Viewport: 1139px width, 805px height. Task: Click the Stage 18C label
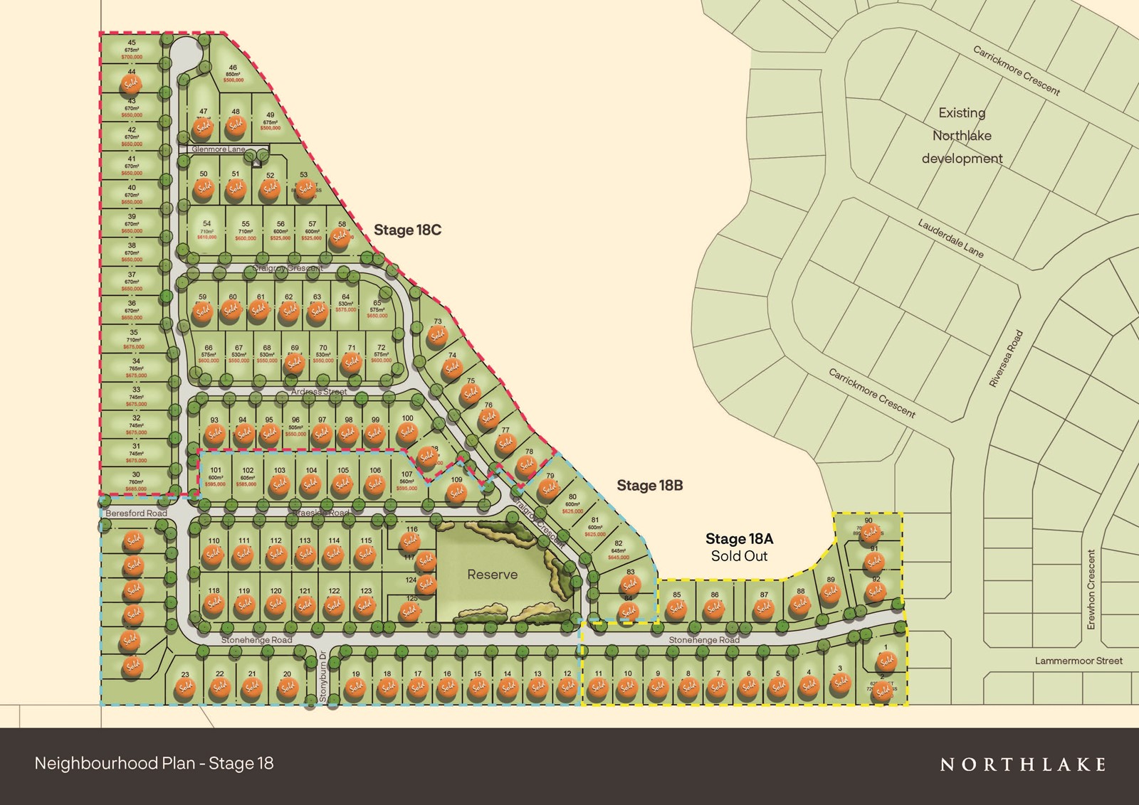tap(407, 230)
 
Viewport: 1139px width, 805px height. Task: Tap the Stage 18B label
tap(649, 485)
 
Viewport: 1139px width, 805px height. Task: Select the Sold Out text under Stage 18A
tap(739, 556)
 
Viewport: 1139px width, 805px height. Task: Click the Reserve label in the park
tap(492, 575)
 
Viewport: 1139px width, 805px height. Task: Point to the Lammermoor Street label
tap(1078, 661)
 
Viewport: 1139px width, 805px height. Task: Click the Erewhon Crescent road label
tap(1091, 589)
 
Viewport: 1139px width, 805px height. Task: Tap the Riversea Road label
tap(1007, 358)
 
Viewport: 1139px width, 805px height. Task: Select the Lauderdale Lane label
tap(950, 238)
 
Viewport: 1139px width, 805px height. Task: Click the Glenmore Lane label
tap(218, 149)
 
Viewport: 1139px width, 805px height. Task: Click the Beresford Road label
tap(136, 513)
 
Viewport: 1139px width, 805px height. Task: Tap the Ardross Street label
tap(318, 392)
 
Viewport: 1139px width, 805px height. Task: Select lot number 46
tap(233, 68)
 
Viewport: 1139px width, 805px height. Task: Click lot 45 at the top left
tap(132, 43)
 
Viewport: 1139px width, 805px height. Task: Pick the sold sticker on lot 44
tap(131, 85)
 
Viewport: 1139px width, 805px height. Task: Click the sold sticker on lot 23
tap(186, 688)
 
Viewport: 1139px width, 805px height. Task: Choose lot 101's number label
tap(215, 470)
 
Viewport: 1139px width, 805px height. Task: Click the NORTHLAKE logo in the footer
tap(1023, 764)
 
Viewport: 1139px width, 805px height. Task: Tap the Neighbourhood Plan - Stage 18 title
tap(154, 763)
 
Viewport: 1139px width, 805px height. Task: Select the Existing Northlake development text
tap(962, 135)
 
